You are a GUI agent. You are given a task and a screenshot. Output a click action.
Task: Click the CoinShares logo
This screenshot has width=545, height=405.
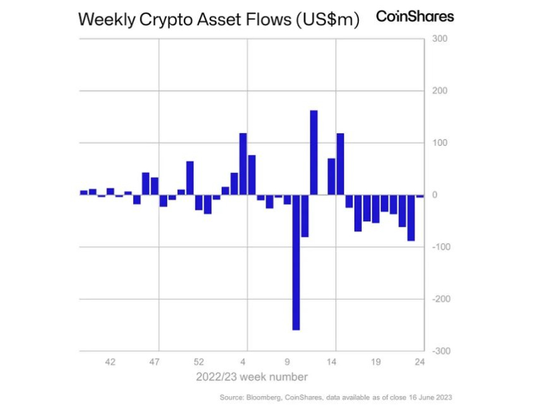[415, 16]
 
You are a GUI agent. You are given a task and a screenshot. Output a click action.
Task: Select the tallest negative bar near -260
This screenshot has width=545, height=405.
[296, 262]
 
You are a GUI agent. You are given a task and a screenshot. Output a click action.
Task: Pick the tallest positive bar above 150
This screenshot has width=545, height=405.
[314, 152]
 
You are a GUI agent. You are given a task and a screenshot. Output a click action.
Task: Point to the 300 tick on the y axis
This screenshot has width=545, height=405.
[440, 39]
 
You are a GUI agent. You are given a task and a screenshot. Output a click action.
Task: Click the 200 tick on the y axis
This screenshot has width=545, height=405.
[440, 91]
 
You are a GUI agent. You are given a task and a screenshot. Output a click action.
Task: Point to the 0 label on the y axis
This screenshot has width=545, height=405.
[435, 195]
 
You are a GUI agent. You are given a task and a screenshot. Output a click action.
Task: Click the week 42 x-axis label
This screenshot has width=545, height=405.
[110, 363]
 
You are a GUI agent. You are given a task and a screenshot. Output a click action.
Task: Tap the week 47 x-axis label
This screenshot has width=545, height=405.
[155, 363]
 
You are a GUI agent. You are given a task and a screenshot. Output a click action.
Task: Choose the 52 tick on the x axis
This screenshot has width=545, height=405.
[199, 363]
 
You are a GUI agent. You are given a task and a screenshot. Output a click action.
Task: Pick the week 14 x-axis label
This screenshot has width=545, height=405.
[331, 363]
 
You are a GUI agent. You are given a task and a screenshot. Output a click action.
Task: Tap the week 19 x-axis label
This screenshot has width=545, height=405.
[376, 363]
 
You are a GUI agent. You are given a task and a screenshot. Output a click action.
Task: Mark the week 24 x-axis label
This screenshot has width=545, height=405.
[420, 363]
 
